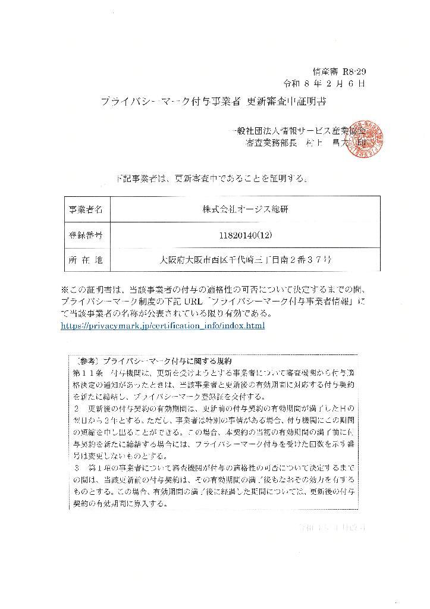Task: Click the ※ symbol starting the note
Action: tap(65, 290)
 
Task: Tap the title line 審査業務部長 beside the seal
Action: tap(271, 143)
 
